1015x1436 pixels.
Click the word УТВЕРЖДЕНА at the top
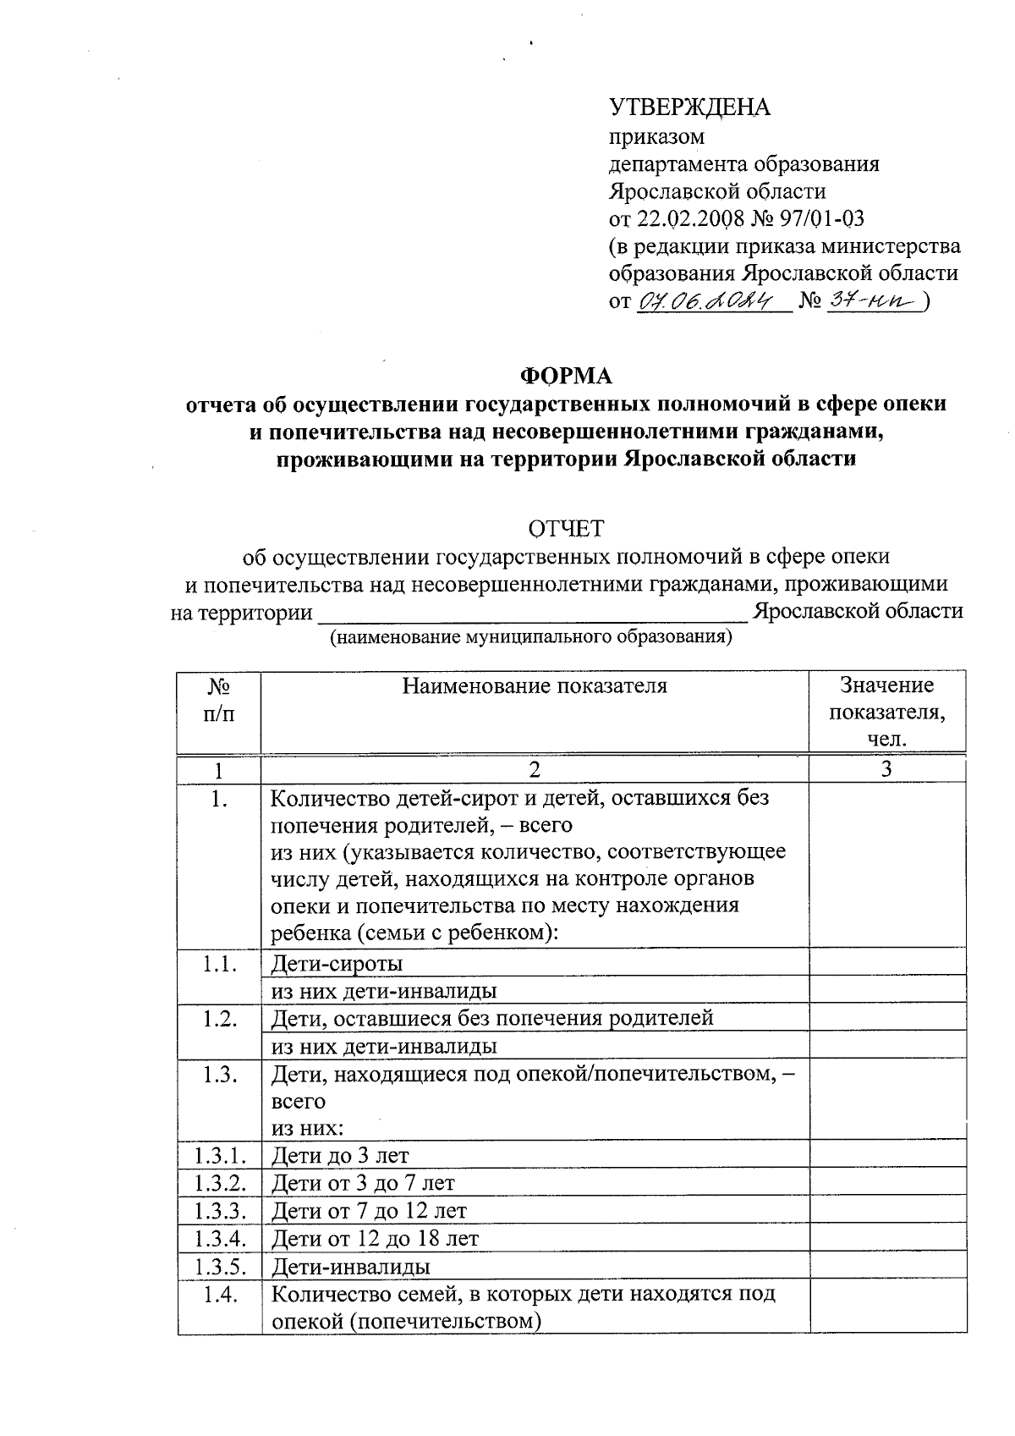[x=689, y=107]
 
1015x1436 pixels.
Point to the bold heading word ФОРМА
[x=566, y=375]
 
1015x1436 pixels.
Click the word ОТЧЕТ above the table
[x=566, y=529]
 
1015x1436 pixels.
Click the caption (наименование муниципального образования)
[x=531, y=637]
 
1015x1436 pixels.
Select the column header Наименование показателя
[x=534, y=686]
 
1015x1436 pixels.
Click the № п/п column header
[x=219, y=699]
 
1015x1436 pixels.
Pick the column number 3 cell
[x=886, y=769]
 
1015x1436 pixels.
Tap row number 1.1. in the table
[x=219, y=964]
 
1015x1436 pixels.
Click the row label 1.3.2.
[x=219, y=1183]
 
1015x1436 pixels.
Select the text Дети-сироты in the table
[x=337, y=964]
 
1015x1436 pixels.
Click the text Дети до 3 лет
[x=340, y=1155]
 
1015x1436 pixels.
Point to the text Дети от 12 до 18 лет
[x=375, y=1239]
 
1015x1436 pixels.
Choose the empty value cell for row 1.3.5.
[x=887, y=1267]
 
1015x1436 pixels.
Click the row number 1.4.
[x=219, y=1295]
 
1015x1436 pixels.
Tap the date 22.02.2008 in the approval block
[x=689, y=218]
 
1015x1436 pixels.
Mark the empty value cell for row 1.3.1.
[x=887, y=1155]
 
